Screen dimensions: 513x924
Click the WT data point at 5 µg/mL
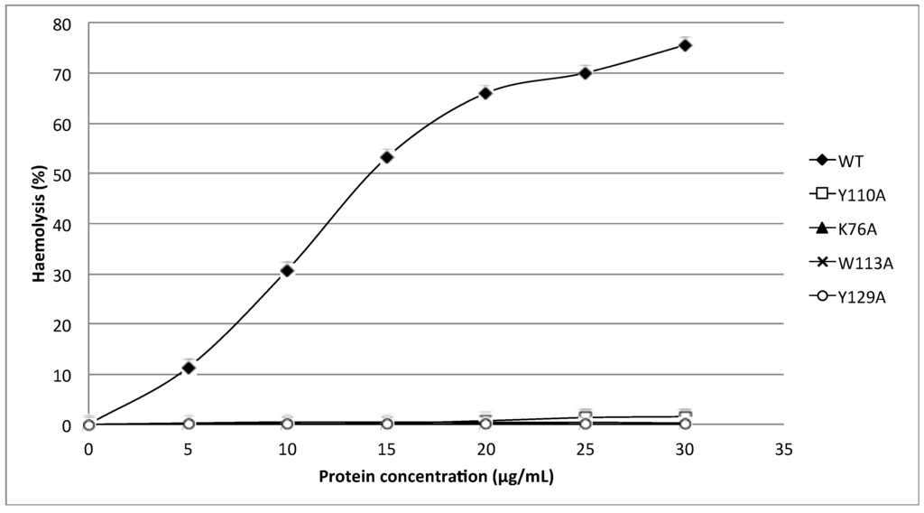pos(189,368)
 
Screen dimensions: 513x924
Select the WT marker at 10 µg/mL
pos(287,270)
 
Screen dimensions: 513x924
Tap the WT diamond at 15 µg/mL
pos(386,157)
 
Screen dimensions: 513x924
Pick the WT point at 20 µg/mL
pos(485,93)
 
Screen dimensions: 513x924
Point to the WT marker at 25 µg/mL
pos(586,73)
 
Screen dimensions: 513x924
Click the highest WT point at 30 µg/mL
pos(685,45)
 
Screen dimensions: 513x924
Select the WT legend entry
pos(844,162)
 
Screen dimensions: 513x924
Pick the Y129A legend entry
pos(853,295)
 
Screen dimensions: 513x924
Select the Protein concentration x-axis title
pos(435,478)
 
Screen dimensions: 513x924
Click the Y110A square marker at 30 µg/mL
pos(685,416)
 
